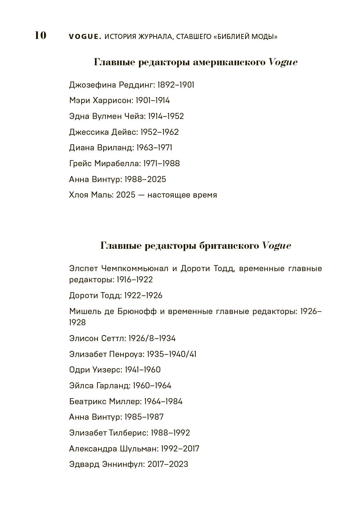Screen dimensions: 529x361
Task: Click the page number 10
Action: click(x=40, y=35)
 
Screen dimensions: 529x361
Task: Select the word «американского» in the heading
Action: click(x=229, y=62)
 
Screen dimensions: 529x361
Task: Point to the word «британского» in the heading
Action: click(x=229, y=246)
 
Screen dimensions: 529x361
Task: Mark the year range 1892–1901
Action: click(x=176, y=85)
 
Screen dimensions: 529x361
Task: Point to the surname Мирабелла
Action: click(x=117, y=164)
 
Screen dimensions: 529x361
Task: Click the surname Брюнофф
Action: click(x=137, y=312)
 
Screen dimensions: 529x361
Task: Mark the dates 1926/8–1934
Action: click(x=152, y=339)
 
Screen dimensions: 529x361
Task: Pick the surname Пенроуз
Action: click(x=127, y=354)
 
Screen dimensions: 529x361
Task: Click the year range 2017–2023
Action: click(x=168, y=464)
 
